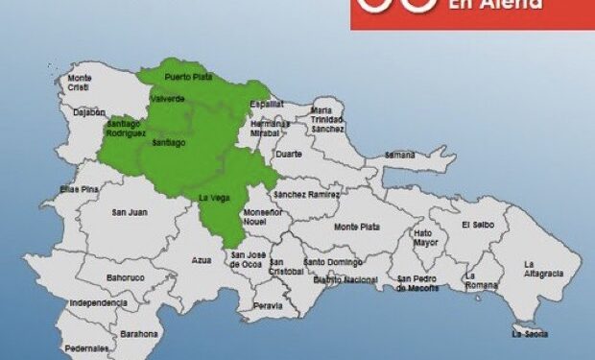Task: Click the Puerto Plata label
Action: tap(188, 77)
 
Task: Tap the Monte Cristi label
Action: tap(80, 83)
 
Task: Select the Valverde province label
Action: tap(167, 99)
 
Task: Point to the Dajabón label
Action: tap(87, 111)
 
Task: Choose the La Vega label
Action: tap(213, 197)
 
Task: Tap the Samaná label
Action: tap(399, 155)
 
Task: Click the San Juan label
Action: tap(130, 212)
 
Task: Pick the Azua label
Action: tap(201, 259)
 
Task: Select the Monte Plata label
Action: tap(356, 227)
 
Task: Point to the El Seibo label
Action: tap(477, 225)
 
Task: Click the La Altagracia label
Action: tap(543, 268)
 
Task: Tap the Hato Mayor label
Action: tap(423, 237)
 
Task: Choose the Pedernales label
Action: tap(87, 348)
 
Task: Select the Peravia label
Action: tap(268, 306)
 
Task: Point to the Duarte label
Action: tap(288, 154)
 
